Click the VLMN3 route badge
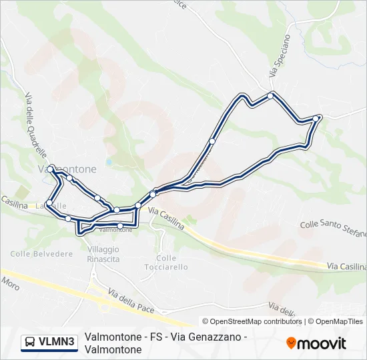point(49,343)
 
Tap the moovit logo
point(316,343)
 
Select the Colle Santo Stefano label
point(334,229)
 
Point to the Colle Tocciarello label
point(166,262)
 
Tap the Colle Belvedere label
point(41,254)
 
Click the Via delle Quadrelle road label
point(31,121)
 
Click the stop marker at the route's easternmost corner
point(317,118)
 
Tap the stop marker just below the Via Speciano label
point(270,95)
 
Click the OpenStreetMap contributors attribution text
point(252,321)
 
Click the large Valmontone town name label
point(67,169)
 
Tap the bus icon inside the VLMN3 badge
point(30,343)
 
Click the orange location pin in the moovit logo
point(291,343)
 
